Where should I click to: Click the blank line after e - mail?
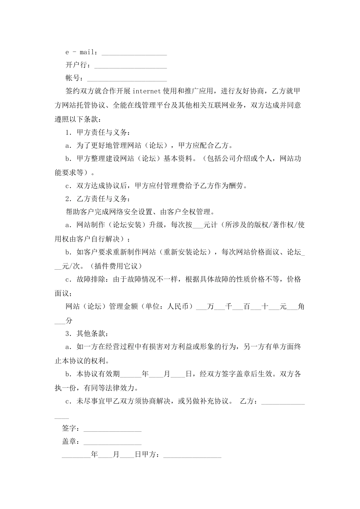tap(134, 53)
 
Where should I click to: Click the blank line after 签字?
tap(113, 429)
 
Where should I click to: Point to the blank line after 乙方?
tap(283, 403)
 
